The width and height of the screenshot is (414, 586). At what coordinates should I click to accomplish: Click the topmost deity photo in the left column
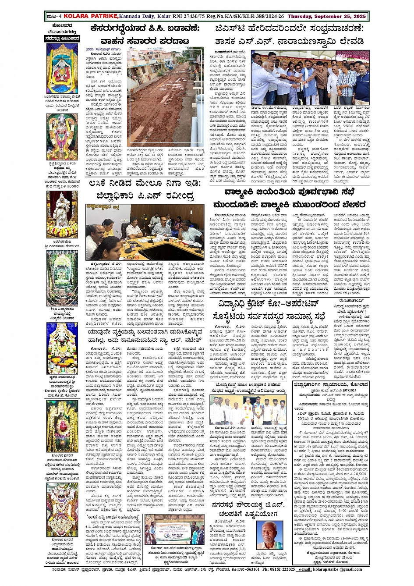coord(63,68)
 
